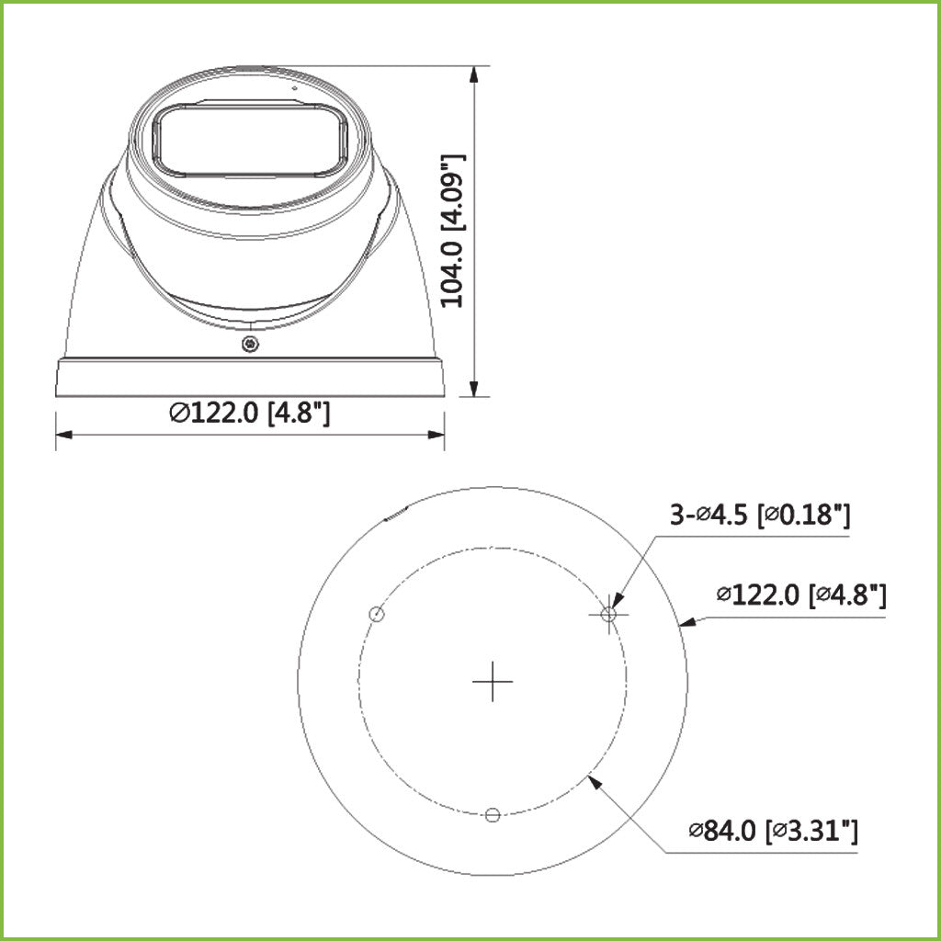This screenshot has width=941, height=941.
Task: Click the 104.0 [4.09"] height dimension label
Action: [453, 230]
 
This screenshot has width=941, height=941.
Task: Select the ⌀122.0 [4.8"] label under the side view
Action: [250, 414]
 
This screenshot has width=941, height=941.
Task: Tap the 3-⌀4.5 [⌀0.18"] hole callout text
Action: [759, 516]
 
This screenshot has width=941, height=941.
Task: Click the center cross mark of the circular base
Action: [493, 682]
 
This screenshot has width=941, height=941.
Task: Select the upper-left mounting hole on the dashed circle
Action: [375, 615]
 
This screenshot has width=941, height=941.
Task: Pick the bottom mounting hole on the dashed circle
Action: [493, 813]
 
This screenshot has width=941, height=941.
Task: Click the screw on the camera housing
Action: [249, 344]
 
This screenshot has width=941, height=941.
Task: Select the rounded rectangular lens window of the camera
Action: [250, 140]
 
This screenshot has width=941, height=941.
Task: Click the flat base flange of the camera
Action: [250, 378]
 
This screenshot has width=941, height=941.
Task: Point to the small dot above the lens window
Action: [295, 88]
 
